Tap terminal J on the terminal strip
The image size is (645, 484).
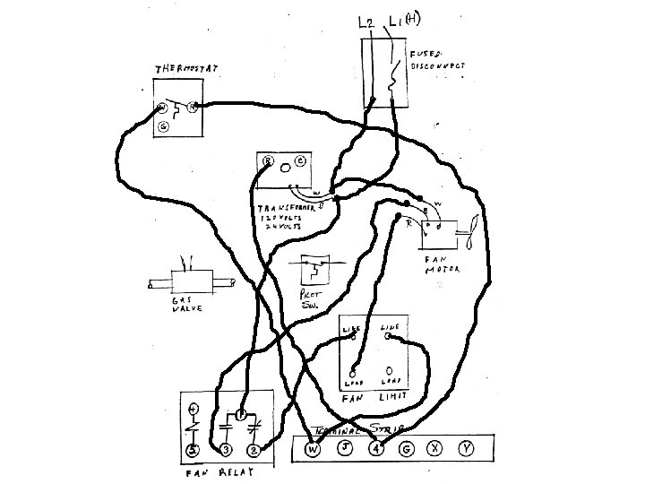(x=345, y=448)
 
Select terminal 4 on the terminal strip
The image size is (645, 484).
(x=376, y=448)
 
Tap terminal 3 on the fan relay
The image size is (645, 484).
(x=226, y=449)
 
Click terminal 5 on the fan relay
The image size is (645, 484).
(x=192, y=449)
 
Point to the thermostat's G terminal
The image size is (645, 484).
(x=163, y=127)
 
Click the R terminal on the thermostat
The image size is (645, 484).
(x=193, y=108)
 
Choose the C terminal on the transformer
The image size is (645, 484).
(x=299, y=161)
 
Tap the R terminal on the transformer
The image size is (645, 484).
(x=267, y=161)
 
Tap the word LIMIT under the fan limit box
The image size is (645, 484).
(x=391, y=395)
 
